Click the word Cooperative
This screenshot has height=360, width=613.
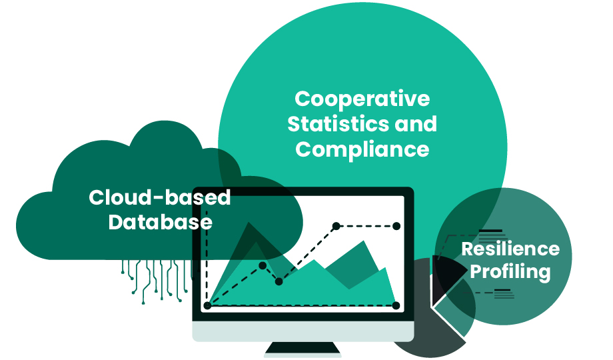(x=362, y=99)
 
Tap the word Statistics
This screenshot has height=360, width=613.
(x=339, y=124)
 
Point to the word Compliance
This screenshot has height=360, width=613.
(x=362, y=149)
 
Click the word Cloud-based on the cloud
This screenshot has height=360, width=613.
(x=160, y=197)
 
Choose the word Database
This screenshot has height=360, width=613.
(x=160, y=221)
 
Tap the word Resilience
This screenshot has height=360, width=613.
(x=510, y=249)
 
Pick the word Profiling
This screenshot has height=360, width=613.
(x=510, y=272)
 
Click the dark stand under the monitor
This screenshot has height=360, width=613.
(x=303, y=349)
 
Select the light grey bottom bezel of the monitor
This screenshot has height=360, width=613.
(x=303, y=330)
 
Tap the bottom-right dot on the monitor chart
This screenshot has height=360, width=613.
(x=396, y=305)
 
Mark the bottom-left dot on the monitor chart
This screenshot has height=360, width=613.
(x=208, y=305)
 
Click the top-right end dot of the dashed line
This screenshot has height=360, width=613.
(x=397, y=226)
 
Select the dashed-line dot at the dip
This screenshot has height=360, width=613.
(x=279, y=282)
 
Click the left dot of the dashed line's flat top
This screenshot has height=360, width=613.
(x=336, y=226)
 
